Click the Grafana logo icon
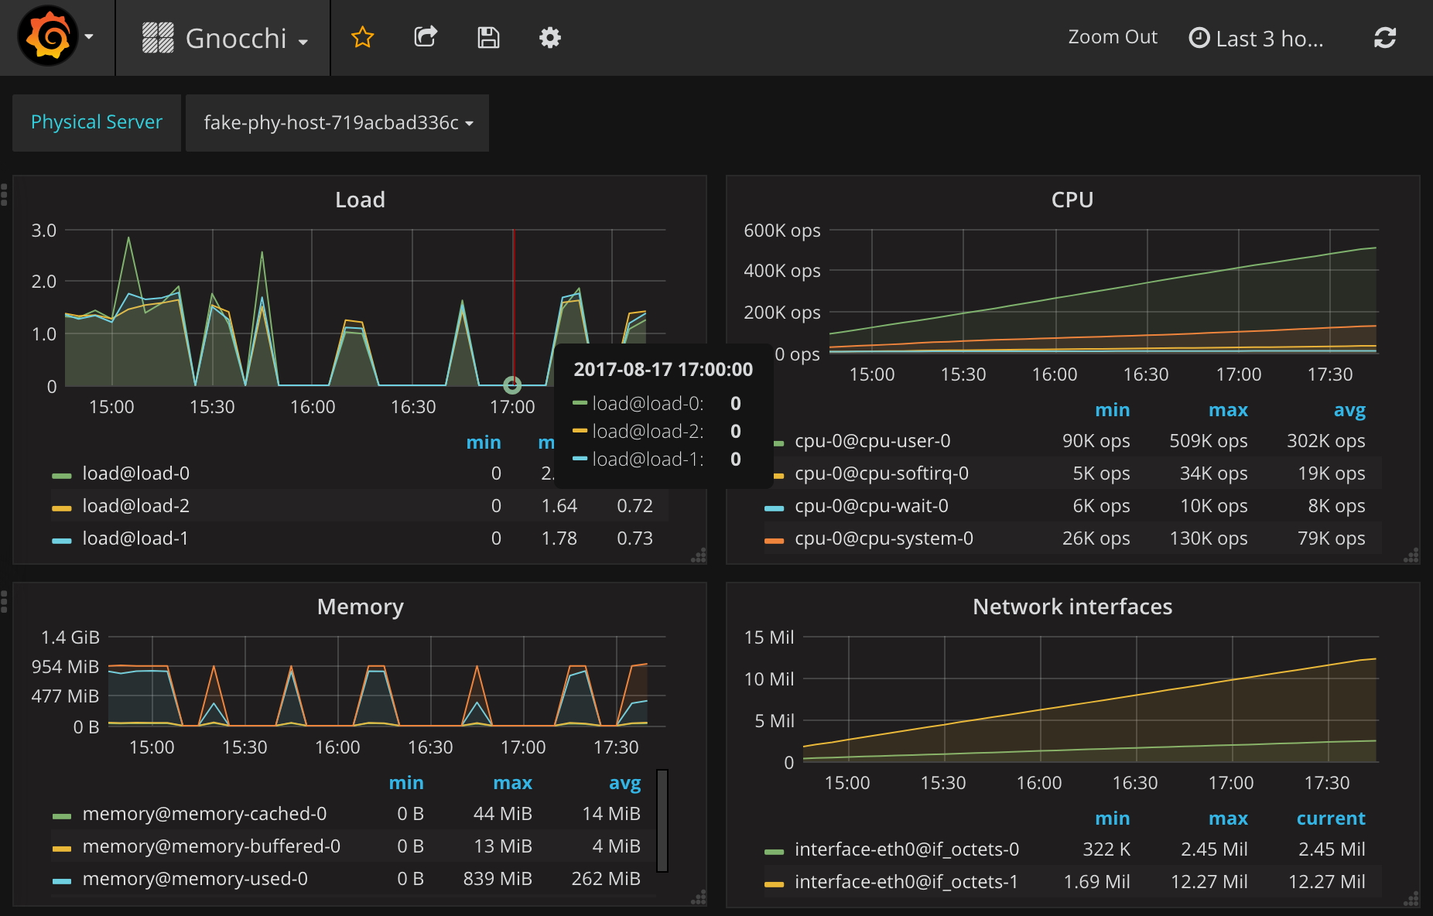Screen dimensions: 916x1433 [48, 36]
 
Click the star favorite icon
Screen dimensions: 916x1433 [362, 37]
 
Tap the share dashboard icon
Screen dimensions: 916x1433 [426, 37]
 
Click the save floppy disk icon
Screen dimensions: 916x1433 [488, 37]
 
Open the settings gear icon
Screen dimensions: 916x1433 [549, 37]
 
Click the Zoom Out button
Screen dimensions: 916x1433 [1112, 37]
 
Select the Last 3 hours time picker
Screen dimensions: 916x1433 [1257, 38]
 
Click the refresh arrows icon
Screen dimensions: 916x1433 [1384, 37]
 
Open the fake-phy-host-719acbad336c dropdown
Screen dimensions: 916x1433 [337, 123]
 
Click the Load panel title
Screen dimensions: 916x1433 [360, 200]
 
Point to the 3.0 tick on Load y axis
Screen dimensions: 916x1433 [44, 231]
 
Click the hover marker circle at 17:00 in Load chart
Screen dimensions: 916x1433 [512, 385]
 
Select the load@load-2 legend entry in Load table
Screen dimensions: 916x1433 [135, 506]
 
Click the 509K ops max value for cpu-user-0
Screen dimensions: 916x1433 [1208, 441]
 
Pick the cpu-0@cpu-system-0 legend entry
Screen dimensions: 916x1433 [883, 538]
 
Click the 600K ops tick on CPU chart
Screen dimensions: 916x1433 [781, 231]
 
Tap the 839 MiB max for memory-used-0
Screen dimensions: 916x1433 [498, 879]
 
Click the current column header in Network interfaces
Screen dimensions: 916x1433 [1330, 819]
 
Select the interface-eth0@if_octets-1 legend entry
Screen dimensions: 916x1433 [905, 882]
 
